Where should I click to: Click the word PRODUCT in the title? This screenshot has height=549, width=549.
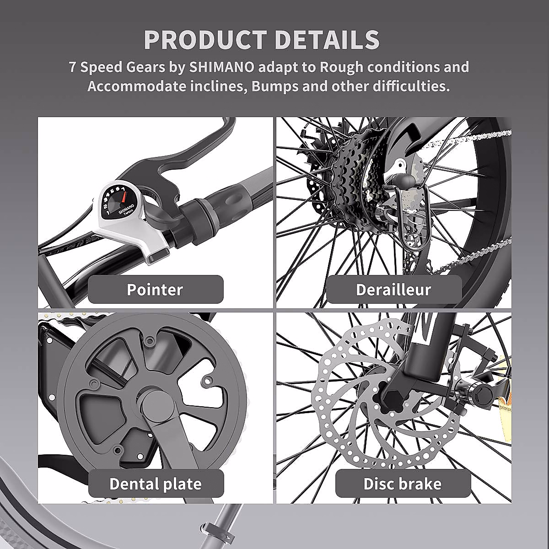click(x=205, y=40)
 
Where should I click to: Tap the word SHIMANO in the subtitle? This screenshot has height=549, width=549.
click(x=222, y=67)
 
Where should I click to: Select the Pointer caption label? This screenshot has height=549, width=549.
click(x=155, y=290)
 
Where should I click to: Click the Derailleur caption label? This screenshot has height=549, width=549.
click(x=393, y=290)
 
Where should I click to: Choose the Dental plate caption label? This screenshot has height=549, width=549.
click(x=156, y=484)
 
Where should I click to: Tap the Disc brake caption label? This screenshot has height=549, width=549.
click(x=403, y=484)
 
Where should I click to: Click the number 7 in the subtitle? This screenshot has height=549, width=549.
click(x=72, y=67)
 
